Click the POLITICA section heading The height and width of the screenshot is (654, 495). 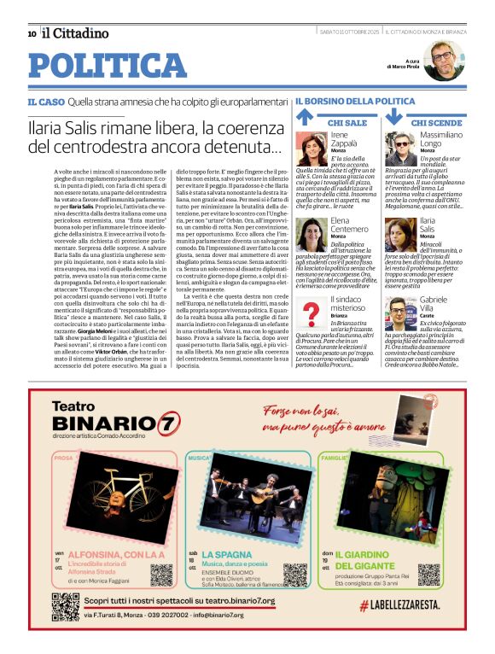click(108, 66)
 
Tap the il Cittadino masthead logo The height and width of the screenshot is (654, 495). click(75, 33)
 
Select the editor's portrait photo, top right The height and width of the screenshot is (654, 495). click(443, 61)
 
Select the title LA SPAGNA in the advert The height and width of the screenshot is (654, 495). click(228, 554)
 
